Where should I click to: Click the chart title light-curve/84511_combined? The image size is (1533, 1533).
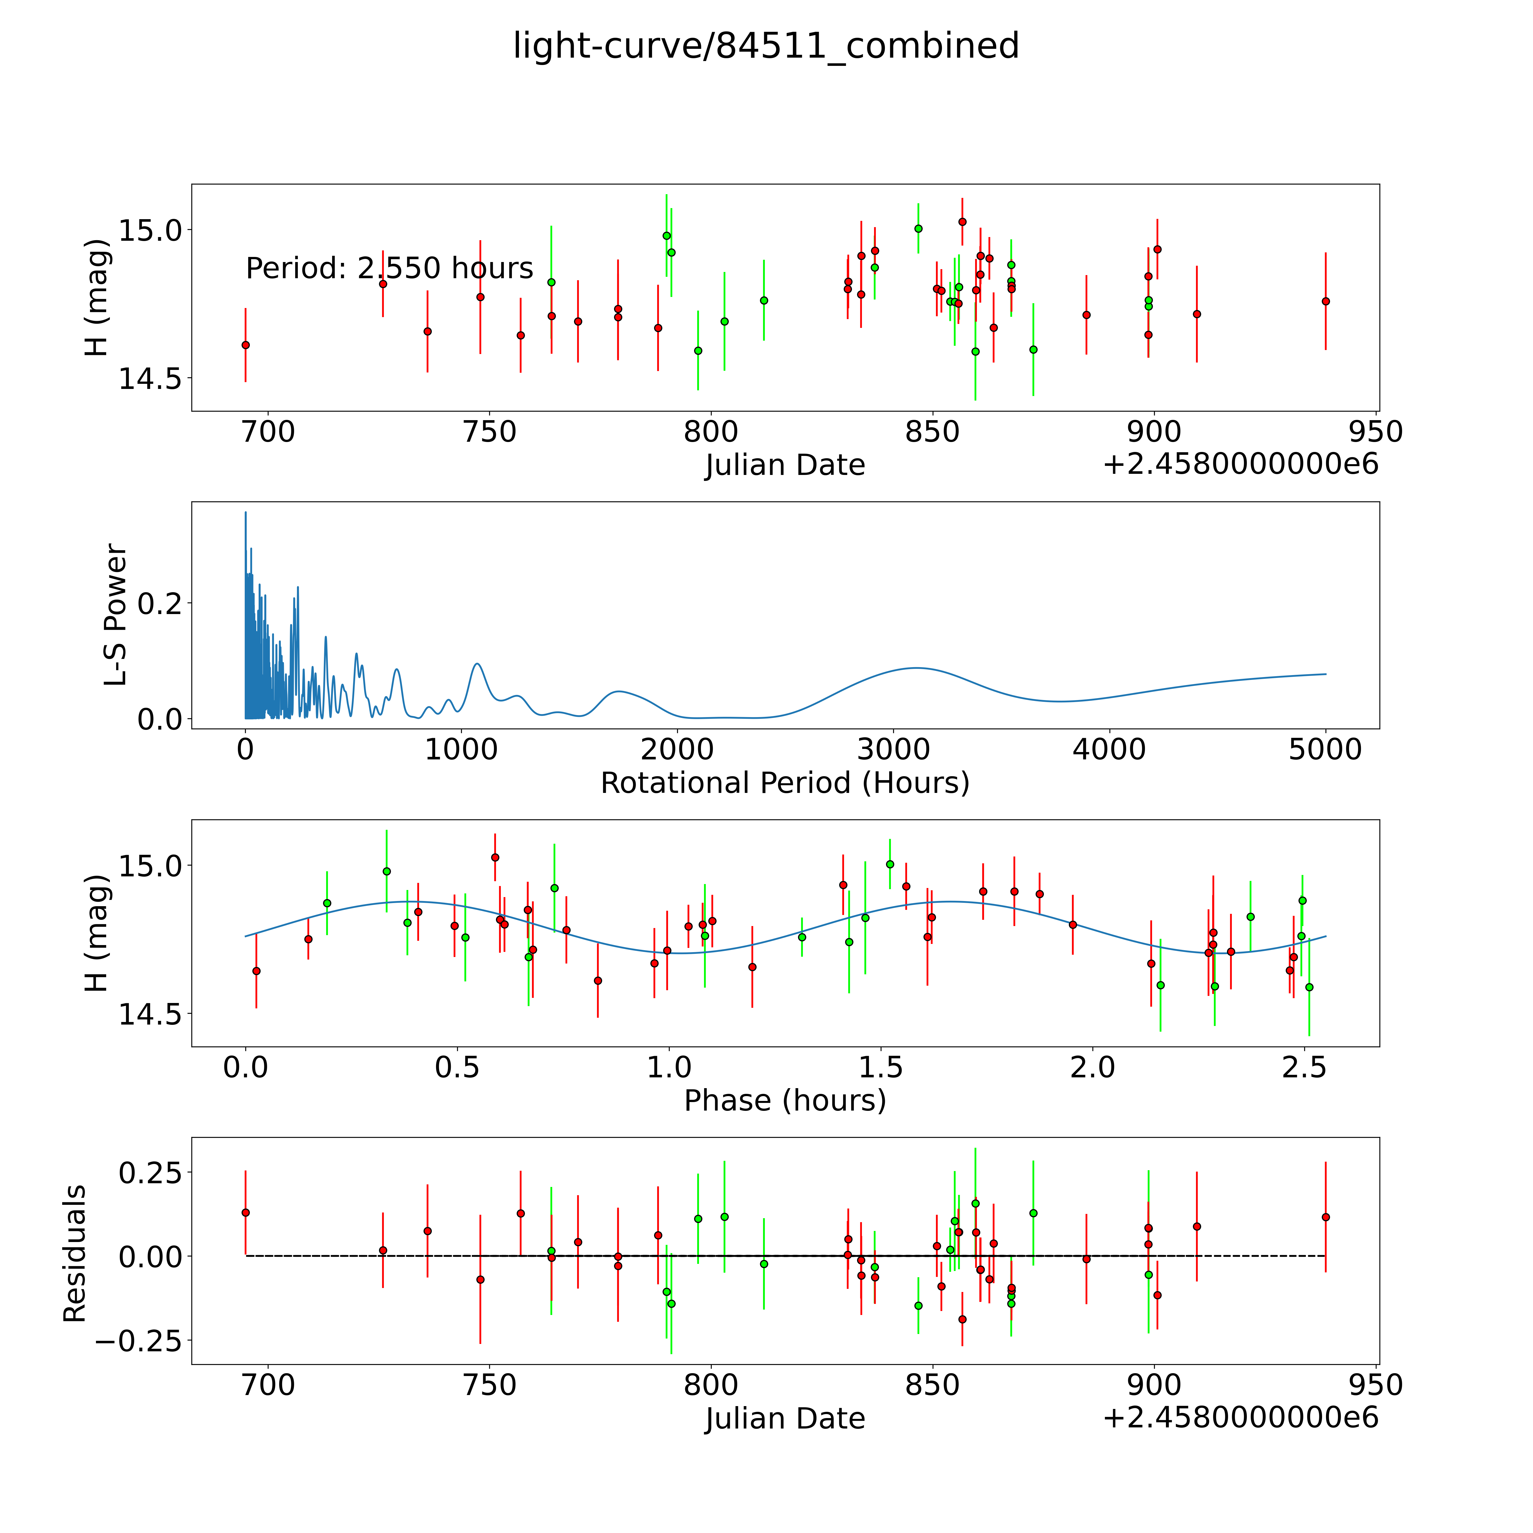pyautogui.click(x=766, y=46)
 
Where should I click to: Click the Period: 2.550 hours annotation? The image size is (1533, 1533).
pyautogui.click(x=389, y=269)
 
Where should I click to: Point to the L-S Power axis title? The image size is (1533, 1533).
pyautogui.click(x=116, y=615)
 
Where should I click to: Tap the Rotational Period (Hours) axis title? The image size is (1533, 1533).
pyautogui.click(x=785, y=783)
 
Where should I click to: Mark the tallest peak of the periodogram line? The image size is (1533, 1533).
pyautogui.click(x=245, y=513)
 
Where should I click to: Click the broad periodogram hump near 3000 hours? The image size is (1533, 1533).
pyautogui.click(x=916, y=668)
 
